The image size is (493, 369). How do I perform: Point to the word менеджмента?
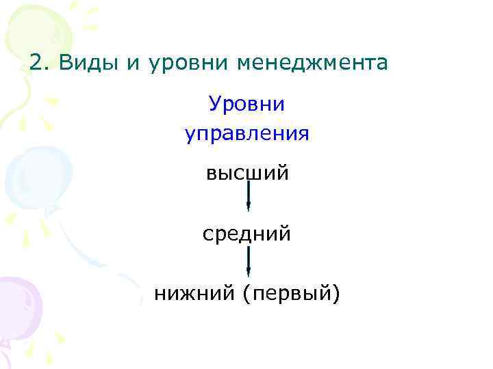312,63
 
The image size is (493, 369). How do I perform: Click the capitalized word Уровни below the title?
246,105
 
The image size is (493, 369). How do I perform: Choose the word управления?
246,133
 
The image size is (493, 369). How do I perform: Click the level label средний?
246,234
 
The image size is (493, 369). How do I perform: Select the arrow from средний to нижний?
248,262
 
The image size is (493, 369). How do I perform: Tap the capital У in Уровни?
215,105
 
